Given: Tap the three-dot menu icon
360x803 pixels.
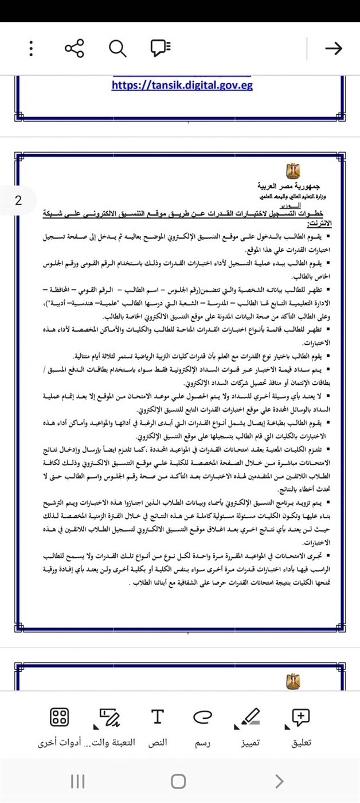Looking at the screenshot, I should click(31, 48).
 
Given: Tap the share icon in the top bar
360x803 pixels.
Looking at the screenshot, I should click(75, 48).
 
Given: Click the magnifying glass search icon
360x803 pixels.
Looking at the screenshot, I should click(118, 48).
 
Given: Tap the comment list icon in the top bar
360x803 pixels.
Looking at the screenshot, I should click(161, 48).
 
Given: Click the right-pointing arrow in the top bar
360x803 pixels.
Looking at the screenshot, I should click(333, 48).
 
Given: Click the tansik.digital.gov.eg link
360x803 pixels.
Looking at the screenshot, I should click(182, 85).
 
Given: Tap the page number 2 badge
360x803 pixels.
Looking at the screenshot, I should click(18, 201).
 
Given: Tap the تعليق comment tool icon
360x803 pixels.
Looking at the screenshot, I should click(301, 717).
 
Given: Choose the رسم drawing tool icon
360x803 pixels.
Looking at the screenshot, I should click(202, 717).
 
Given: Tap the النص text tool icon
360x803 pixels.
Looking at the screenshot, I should click(157, 717).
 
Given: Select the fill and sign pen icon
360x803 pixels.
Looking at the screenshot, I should click(109, 717).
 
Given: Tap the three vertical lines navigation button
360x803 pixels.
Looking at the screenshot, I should click(77, 781).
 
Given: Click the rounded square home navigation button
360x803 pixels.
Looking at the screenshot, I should click(178, 781).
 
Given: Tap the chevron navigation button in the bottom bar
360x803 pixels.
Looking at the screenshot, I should click(279, 781).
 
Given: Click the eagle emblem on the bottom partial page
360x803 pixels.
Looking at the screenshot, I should click(292, 681).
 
